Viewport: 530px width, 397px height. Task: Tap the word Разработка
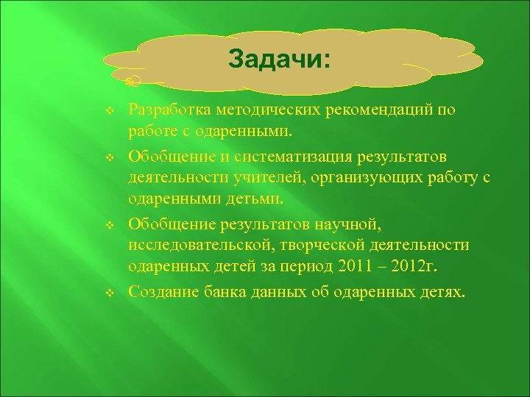coord(169,110)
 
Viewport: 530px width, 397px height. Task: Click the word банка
coord(221,292)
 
